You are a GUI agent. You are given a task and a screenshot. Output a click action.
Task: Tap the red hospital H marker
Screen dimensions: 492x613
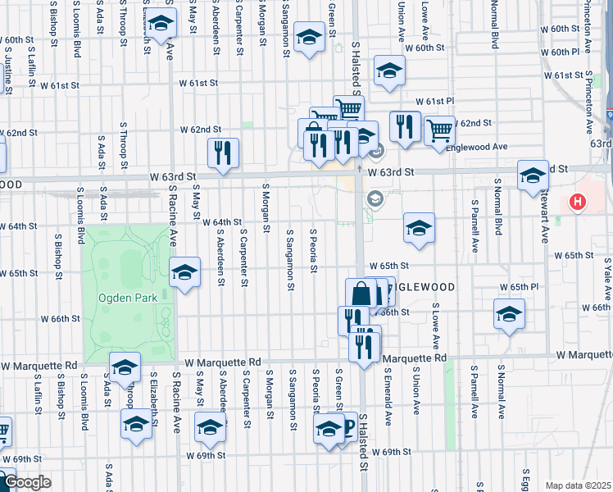tap(578, 201)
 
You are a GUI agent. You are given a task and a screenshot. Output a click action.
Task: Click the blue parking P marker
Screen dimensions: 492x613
tap(347, 426)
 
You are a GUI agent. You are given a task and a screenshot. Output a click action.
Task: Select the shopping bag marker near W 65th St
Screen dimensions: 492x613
tap(361, 293)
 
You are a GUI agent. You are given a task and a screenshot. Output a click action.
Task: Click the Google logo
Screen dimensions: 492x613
tap(26, 482)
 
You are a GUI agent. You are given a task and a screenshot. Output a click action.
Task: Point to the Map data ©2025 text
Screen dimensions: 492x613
tap(579, 485)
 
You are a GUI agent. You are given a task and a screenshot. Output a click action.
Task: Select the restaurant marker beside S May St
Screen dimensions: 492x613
tap(222, 153)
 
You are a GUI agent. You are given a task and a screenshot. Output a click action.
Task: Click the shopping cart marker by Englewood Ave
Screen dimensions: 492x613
tap(440, 130)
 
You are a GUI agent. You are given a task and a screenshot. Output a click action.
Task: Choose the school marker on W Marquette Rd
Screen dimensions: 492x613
tap(125, 367)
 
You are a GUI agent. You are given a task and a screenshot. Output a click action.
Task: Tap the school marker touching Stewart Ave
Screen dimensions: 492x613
tap(533, 175)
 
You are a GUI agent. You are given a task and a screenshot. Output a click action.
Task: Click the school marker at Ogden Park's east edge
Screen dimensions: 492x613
tap(184, 272)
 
